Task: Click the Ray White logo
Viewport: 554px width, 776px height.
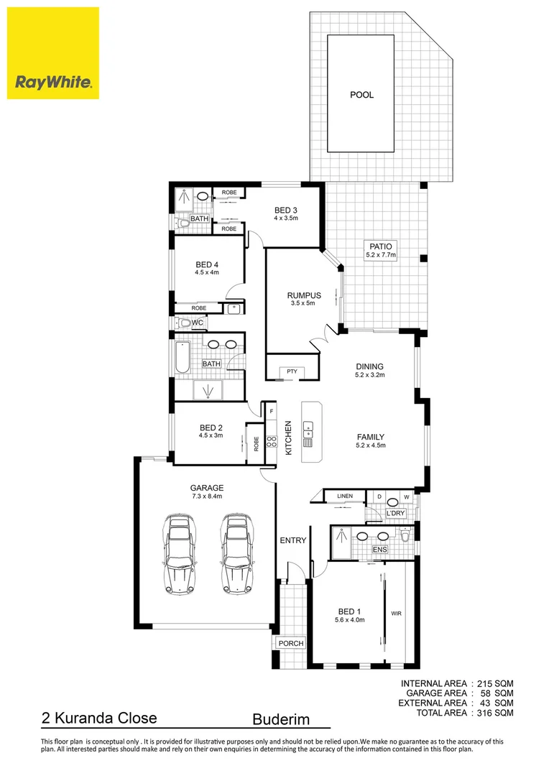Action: coord(53,53)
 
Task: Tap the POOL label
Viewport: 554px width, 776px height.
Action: coord(361,95)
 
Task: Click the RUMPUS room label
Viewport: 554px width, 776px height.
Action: coord(304,295)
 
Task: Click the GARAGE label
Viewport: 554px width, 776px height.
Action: coord(207,487)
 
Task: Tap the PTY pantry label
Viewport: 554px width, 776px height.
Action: coord(292,371)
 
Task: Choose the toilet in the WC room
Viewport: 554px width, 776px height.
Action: coord(183,323)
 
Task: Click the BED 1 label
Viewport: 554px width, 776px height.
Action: coord(350,611)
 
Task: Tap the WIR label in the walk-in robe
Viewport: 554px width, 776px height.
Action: coord(396,614)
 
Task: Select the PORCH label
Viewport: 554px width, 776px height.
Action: coord(292,643)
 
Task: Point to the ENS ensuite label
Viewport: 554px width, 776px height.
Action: coord(380,550)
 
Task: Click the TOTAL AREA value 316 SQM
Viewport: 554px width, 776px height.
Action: coord(492,713)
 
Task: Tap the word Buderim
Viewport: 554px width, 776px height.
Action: coord(282,719)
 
